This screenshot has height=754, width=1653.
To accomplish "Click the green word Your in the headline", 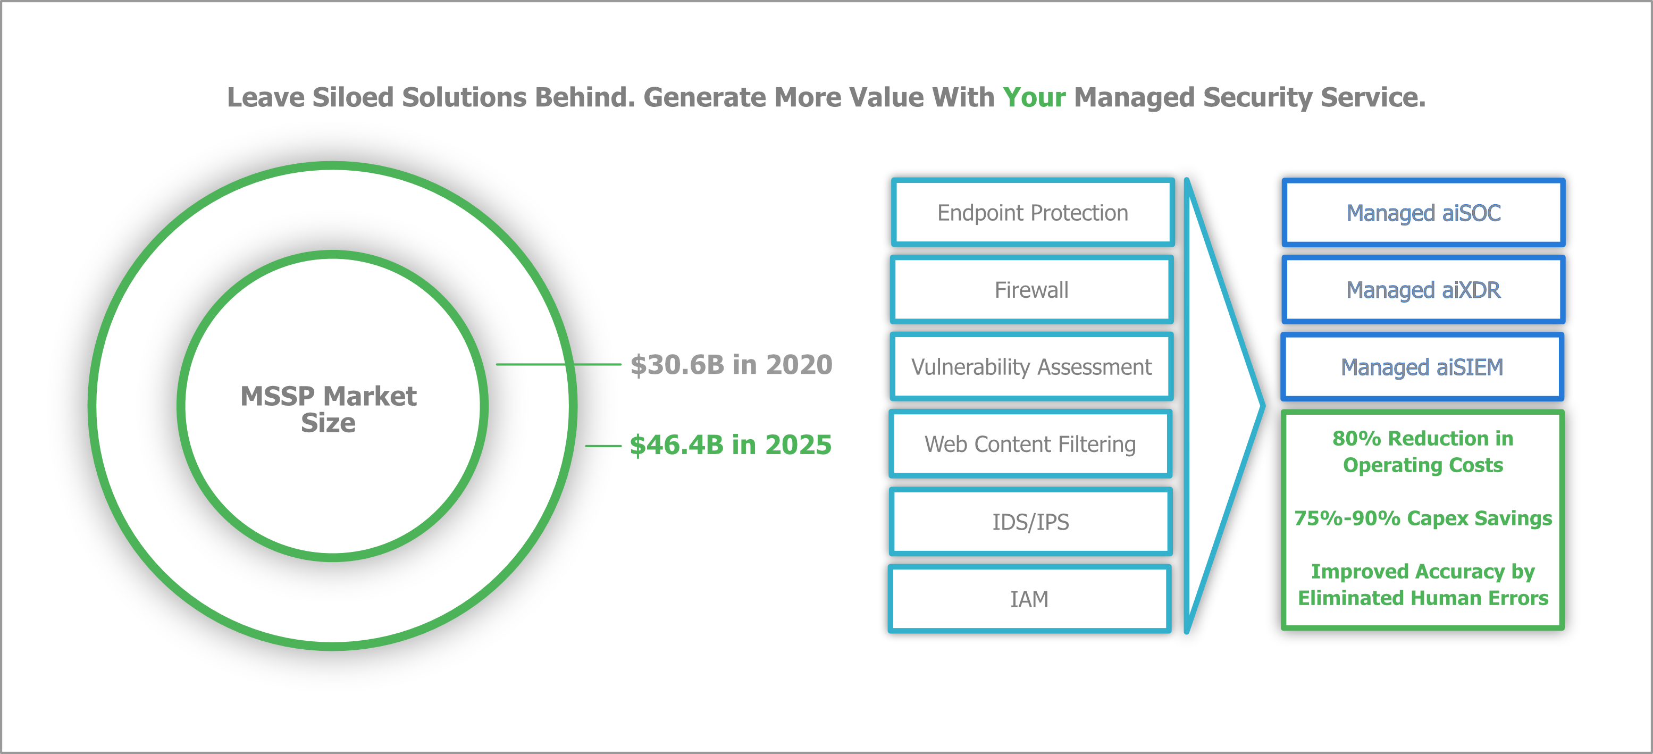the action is point(1034,97).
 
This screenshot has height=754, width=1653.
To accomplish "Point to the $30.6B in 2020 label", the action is point(732,364).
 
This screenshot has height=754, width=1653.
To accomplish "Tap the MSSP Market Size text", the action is point(329,409).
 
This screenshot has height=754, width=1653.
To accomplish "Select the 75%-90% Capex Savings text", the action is point(1423,518).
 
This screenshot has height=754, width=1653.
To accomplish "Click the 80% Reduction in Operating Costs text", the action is point(1423,451).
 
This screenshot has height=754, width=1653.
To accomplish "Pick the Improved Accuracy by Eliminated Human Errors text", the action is point(1423,584).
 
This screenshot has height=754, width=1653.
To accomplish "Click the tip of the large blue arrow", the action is point(1263,406).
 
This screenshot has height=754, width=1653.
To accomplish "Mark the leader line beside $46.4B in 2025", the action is point(603,446).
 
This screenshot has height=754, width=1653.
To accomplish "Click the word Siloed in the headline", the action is point(353,97).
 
